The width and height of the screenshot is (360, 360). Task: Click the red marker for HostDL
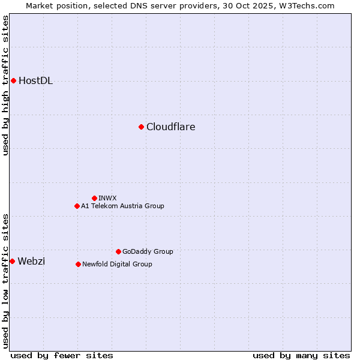click(13, 80)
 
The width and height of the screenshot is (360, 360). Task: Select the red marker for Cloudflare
click(141, 127)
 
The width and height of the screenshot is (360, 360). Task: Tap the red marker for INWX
click(94, 198)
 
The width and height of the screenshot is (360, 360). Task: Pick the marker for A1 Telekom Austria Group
click(77, 206)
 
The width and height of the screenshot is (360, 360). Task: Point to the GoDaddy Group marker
click(118, 251)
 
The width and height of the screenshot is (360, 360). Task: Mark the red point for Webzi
click(12, 261)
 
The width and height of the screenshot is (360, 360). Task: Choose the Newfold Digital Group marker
click(78, 264)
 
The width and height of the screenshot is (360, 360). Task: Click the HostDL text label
click(35, 81)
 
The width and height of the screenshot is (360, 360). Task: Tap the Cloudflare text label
click(170, 127)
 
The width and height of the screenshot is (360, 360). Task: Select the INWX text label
click(107, 198)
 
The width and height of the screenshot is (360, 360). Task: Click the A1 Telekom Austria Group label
click(122, 206)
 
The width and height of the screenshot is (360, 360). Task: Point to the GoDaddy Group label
click(148, 251)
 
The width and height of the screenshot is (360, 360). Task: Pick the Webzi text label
click(31, 261)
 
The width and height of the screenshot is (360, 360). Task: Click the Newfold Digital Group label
click(117, 264)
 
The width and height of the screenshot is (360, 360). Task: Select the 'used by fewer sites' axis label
click(62, 355)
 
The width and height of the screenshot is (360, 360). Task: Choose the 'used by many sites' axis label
click(301, 355)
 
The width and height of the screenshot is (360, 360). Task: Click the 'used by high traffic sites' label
click(5, 85)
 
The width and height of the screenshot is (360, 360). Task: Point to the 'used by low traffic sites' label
click(5, 281)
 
